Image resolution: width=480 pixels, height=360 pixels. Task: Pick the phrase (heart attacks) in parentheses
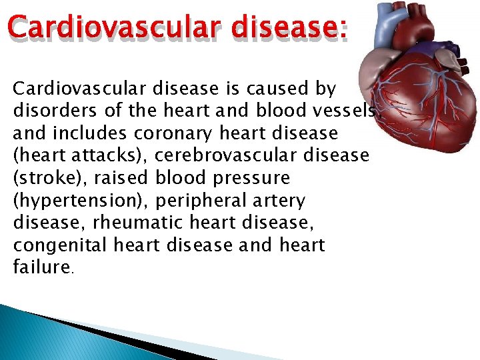(x=80, y=156)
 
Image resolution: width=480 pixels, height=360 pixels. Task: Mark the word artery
(x=282, y=201)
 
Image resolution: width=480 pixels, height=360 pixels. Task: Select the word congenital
(x=61, y=246)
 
